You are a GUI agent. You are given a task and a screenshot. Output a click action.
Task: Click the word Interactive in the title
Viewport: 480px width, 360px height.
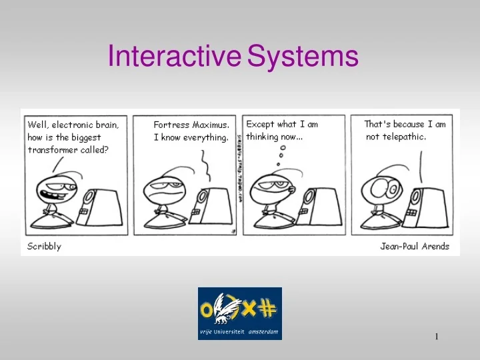174,57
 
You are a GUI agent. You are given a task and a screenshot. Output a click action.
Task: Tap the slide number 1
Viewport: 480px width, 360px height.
436,337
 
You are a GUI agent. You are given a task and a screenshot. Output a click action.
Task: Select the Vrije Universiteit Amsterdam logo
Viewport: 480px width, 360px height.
239,313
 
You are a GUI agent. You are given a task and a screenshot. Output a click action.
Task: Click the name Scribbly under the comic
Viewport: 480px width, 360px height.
44,247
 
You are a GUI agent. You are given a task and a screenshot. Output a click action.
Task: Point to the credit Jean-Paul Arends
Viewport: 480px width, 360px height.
415,247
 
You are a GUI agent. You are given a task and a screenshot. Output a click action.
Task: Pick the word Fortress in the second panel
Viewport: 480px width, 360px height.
171,125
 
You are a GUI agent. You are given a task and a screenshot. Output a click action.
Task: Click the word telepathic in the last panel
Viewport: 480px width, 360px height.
405,137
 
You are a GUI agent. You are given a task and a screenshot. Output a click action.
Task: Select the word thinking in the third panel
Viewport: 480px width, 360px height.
264,137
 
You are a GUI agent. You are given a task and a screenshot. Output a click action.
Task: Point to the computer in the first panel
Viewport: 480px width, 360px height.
103,207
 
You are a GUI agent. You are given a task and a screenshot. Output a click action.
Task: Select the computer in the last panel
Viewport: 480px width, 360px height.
431,206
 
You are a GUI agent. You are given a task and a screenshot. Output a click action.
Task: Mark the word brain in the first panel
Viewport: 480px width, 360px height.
107,125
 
